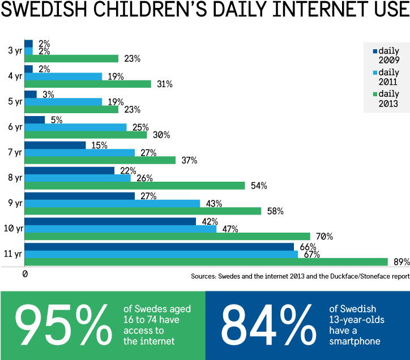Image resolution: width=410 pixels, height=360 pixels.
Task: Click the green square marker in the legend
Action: [x=375, y=95]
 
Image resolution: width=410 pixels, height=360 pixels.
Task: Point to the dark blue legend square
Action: [x=375, y=52]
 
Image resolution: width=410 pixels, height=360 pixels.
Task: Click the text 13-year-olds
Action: [x=357, y=320]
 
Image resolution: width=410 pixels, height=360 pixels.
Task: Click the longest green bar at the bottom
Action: [x=206, y=262]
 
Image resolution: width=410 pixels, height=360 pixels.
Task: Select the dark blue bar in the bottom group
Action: [x=159, y=246]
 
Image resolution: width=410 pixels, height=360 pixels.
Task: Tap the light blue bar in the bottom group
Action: [x=161, y=254]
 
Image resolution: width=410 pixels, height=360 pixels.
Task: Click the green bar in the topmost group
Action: [x=71, y=58]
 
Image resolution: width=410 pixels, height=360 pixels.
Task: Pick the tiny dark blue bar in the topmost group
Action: [x=28, y=43]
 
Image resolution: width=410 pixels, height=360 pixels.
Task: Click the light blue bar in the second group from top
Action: [x=63, y=76]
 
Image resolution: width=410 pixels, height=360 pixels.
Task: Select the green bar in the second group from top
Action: [x=88, y=84]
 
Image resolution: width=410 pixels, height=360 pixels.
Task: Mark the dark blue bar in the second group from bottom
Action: [x=110, y=221]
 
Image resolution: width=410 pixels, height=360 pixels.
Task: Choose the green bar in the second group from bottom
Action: [x=167, y=237]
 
